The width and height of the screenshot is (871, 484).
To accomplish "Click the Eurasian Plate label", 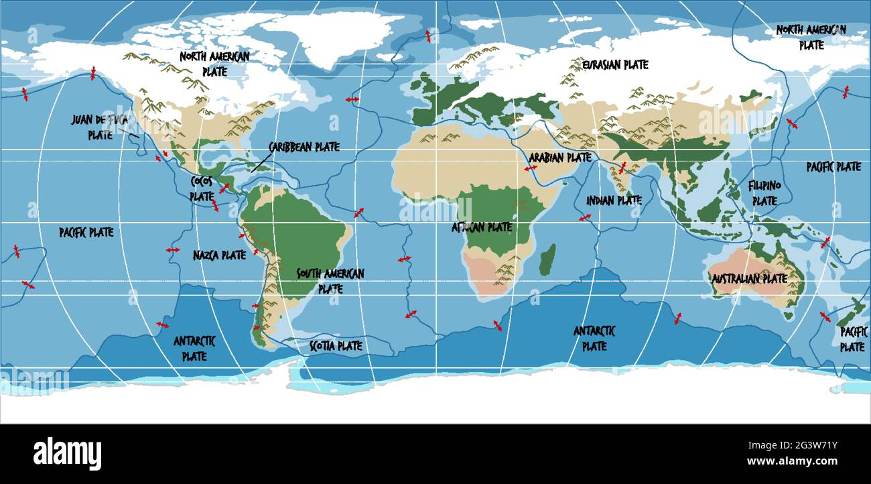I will (x=615, y=65).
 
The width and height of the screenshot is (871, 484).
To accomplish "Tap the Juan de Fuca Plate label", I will (x=100, y=127).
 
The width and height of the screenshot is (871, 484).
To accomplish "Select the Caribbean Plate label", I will (x=304, y=147).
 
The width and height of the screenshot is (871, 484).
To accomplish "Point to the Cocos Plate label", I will (x=202, y=188).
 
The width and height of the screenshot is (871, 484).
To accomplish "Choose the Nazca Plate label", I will (x=219, y=255).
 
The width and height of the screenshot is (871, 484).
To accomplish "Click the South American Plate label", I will (x=330, y=281).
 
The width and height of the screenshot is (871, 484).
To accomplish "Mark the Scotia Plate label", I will (x=336, y=346).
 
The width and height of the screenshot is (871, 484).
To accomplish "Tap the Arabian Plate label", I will (x=560, y=158).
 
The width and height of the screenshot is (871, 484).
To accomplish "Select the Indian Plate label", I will (x=614, y=200).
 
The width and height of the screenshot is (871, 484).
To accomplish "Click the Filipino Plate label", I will (x=764, y=192).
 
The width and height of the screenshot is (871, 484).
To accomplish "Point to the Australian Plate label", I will (x=749, y=278).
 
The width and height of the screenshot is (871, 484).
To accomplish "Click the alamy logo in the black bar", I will (x=67, y=452).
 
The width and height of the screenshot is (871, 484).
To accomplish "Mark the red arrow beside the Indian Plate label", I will (x=585, y=217).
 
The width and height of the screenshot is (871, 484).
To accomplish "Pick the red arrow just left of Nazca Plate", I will (x=173, y=249).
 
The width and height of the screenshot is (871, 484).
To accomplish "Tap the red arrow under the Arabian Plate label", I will (x=531, y=168).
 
